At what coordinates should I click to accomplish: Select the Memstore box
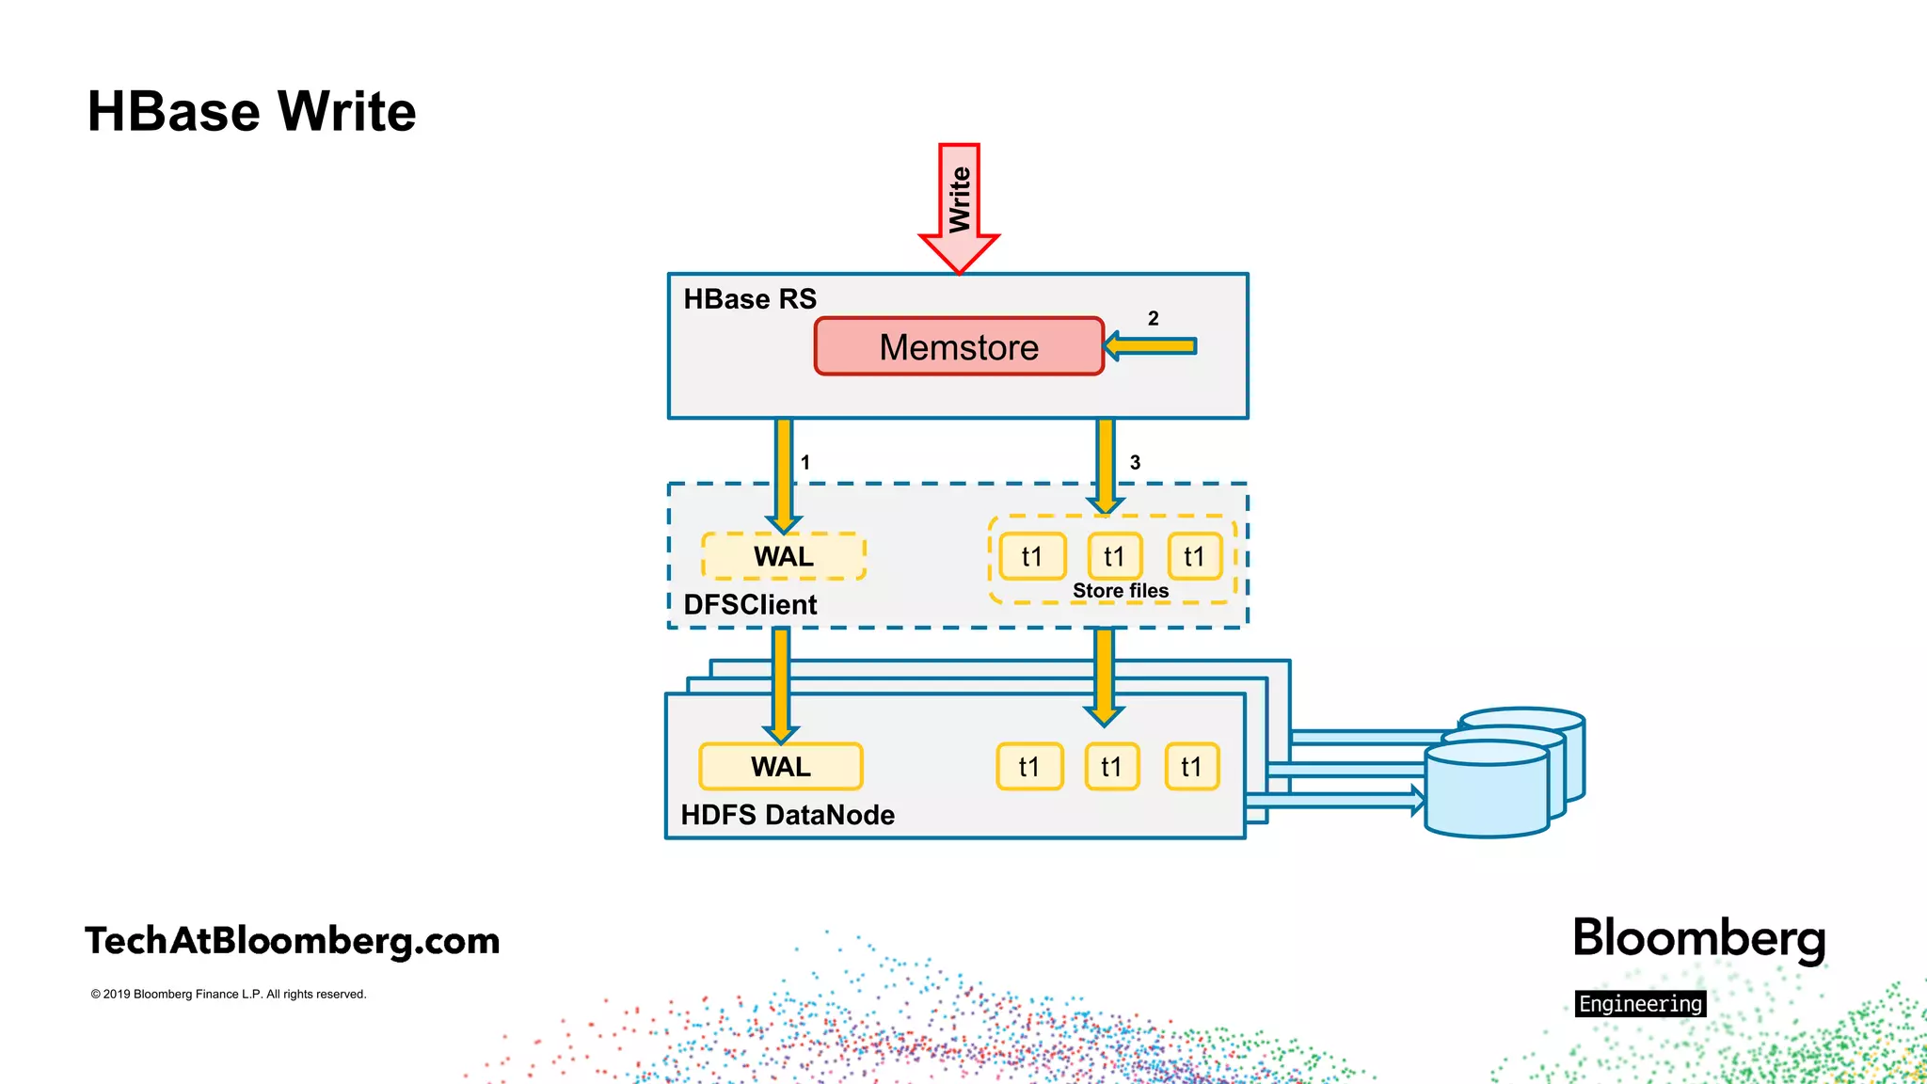[x=958, y=347]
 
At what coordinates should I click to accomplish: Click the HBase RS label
[x=749, y=299]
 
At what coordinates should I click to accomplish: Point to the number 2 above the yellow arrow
[x=1153, y=319]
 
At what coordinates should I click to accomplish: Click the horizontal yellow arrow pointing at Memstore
[x=1152, y=346]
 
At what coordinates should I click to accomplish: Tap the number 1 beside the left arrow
[x=805, y=462]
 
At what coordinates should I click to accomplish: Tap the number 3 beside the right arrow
[x=1135, y=462]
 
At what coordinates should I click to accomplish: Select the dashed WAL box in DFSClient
[x=783, y=556]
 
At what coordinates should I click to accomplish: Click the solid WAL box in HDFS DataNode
[x=780, y=767]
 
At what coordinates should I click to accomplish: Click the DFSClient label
[x=750, y=604]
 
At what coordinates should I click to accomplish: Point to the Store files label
[x=1120, y=591]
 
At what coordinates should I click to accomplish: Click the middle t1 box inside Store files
[x=1114, y=556]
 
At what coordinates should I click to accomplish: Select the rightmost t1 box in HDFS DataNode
[x=1191, y=767]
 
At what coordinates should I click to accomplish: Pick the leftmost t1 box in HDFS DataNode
[x=1029, y=767]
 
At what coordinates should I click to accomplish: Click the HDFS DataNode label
[x=788, y=815]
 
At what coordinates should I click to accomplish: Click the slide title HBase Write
[x=251, y=111]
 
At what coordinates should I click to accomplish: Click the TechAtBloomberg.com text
[x=292, y=940]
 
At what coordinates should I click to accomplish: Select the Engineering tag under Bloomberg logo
[x=1640, y=1004]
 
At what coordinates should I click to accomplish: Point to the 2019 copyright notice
[x=229, y=995]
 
